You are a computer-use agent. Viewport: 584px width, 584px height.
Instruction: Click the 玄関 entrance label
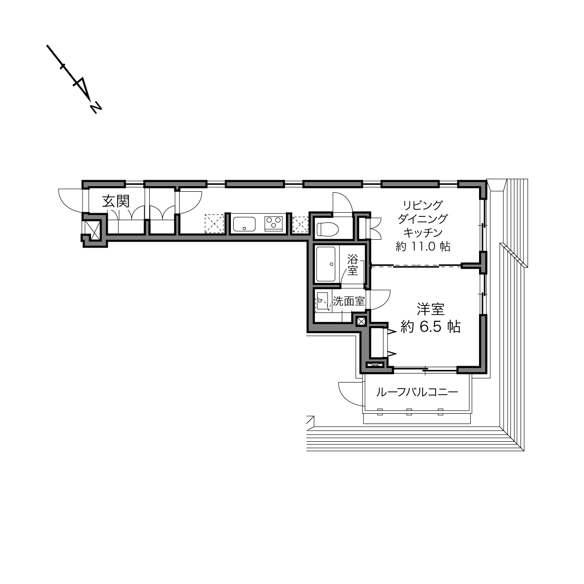pyautogui.click(x=116, y=201)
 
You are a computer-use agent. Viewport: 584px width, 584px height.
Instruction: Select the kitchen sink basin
pyautogui.click(x=244, y=224)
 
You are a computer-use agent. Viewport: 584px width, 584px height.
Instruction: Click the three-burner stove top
pyautogui.click(x=274, y=223)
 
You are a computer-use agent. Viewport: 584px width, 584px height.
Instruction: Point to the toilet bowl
pyautogui.click(x=327, y=229)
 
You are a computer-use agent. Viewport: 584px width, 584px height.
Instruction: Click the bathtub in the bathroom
pyautogui.click(x=326, y=264)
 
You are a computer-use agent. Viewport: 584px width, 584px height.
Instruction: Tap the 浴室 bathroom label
pyautogui.click(x=353, y=265)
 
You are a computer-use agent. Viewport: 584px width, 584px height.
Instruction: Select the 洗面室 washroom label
pyautogui.click(x=348, y=301)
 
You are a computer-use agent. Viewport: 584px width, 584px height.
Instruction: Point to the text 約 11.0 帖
pyautogui.click(x=423, y=246)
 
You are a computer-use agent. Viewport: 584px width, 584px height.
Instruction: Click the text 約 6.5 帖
pyautogui.click(x=431, y=327)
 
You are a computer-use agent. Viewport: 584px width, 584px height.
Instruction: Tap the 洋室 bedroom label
pyautogui.click(x=431, y=309)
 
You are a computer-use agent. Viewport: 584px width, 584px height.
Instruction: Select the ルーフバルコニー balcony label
pyautogui.click(x=417, y=392)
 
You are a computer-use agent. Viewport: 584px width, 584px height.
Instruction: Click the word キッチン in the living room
pyautogui.click(x=423, y=232)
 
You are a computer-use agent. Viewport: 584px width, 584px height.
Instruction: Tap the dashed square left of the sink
pyautogui.click(x=214, y=223)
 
